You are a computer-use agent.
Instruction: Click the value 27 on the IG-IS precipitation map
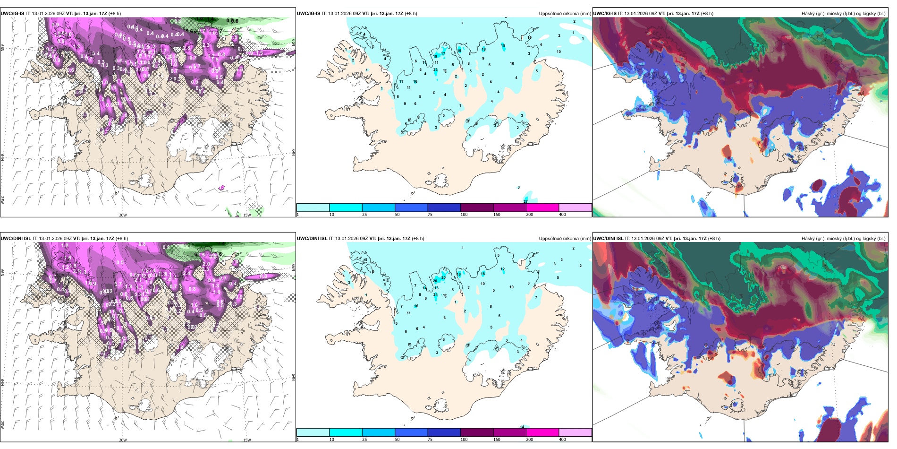(525, 201)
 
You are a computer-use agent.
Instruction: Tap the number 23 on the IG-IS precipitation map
(435, 69)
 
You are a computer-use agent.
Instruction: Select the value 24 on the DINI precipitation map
(435, 294)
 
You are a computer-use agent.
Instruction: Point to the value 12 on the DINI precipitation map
(503, 269)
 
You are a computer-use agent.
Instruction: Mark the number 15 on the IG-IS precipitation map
(503, 46)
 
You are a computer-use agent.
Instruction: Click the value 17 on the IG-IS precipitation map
(443, 54)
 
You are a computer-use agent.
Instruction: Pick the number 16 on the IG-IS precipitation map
(415, 82)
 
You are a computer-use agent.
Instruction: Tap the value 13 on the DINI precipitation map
(437, 288)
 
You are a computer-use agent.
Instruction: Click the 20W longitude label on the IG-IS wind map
(122, 215)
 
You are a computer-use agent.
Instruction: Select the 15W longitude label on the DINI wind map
(247, 440)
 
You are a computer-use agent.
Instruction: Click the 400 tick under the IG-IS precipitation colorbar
(562, 215)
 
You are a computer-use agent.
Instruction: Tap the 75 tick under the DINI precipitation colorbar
(430, 440)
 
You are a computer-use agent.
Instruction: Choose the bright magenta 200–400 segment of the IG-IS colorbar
(542, 207)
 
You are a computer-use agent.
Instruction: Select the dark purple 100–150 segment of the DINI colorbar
(477, 432)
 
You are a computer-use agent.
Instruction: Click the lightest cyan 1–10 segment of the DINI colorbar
(313, 432)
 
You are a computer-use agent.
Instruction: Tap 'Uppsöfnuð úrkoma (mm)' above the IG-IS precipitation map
(565, 14)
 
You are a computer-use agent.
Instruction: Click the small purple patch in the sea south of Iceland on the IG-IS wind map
(221, 188)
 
